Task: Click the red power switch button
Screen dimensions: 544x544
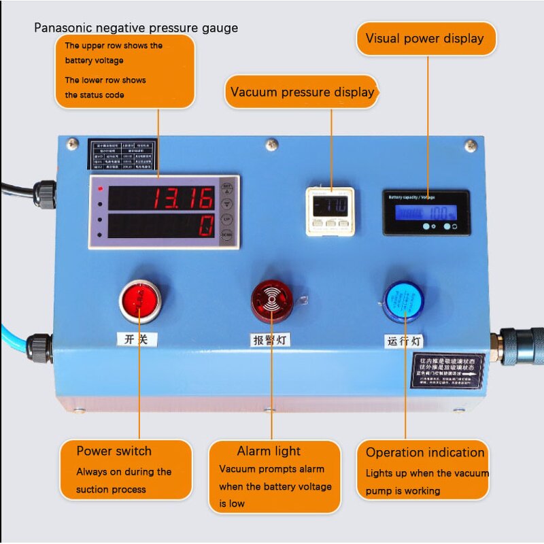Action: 141,300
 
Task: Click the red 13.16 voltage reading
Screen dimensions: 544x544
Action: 182,199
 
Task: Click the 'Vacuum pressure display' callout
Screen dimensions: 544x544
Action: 302,92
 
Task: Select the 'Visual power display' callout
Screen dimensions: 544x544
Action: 425,38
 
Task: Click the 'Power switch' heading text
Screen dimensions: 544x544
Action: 114,451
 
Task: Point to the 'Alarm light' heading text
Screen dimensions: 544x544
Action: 269,451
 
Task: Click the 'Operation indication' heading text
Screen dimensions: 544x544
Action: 425,452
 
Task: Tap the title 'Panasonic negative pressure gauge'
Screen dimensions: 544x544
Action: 136,28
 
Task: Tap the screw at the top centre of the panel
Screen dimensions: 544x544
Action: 272,143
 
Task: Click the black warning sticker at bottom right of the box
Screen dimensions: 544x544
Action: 449,371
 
